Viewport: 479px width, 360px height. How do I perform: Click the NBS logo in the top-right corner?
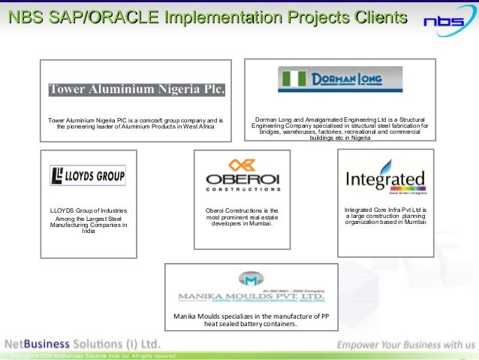click(x=448, y=22)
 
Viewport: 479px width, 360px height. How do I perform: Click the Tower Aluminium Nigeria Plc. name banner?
click(x=137, y=90)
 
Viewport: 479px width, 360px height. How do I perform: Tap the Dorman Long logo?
click(x=330, y=79)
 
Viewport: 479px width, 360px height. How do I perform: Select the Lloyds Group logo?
click(x=88, y=175)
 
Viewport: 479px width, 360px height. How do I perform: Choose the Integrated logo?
click(x=385, y=180)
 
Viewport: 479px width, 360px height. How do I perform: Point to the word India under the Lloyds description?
click(x=88, y=231)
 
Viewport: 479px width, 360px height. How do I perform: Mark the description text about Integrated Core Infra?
click(x=385, y=216)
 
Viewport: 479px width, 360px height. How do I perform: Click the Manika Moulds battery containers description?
click(x=251, y=321)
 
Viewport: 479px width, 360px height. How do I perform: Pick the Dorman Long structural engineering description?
click(x=340, y=129)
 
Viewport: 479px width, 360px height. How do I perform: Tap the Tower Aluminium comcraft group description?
click(x=136, y=123)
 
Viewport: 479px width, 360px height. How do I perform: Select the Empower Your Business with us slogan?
click(x=405, y=344)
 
